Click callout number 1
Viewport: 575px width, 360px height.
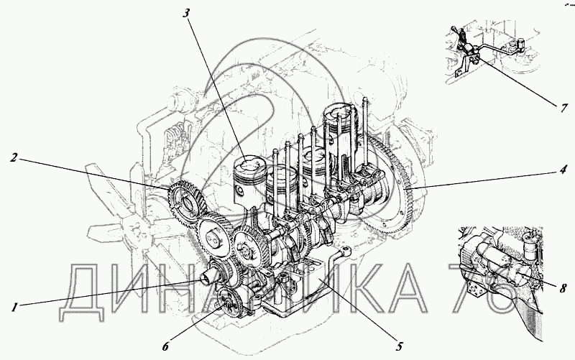click(14, 307)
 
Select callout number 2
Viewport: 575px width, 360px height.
click(14, 158)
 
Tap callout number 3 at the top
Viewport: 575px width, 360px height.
click(186, 13)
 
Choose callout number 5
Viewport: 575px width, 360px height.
click(399, 346)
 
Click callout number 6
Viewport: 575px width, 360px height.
click(165, 346)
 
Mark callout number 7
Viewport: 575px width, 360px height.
click(563, 109)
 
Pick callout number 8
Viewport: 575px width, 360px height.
click(563, 288)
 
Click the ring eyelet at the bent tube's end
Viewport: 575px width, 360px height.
click(346, 251)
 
